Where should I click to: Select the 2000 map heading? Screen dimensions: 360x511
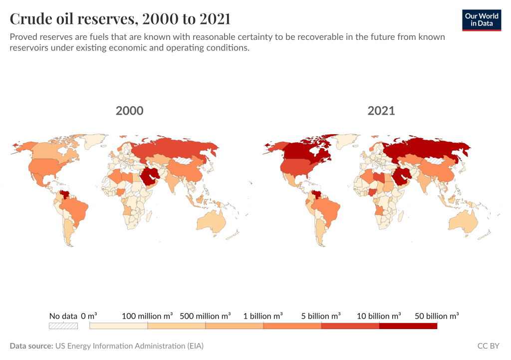point(129,111)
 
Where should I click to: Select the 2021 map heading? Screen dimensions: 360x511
point(381,111)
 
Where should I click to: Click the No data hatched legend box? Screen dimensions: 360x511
point(63,326)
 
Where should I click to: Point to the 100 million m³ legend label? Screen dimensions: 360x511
point(147,316)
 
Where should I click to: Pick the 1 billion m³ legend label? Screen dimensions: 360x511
point(263,316)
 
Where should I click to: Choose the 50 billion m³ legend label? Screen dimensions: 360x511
point(437,316)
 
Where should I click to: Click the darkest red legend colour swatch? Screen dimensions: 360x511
point(408,326)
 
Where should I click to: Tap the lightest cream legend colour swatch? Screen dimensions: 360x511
point(118,326)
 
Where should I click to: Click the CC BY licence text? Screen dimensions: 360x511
point(489,346)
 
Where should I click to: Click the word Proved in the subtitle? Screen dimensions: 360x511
point(23,37)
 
